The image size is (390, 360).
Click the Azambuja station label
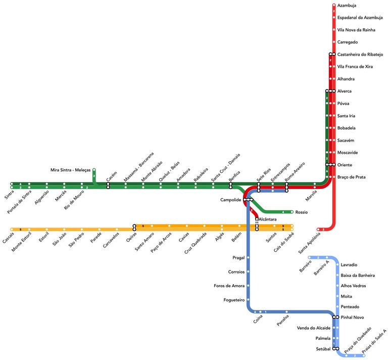(347, 6)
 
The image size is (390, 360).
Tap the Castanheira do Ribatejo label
(360, 54)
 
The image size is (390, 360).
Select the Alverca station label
(344, 91)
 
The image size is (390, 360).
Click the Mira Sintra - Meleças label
(70, 170)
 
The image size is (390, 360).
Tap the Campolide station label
(231, 200)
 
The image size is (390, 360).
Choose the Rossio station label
(301, 212)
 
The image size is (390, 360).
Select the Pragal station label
(238, 257)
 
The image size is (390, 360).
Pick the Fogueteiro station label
(234, 300)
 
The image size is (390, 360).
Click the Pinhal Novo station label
(353, 317)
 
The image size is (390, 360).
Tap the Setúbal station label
(323, 349)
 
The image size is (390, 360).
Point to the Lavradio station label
(350, 264)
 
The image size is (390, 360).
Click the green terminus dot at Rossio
(292, 212)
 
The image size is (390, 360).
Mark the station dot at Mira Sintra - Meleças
(94, 170)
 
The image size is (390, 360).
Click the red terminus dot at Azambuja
(333, 6)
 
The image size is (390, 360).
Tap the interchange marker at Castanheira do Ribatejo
(332, 54)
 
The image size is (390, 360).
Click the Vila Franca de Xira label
(355, 66)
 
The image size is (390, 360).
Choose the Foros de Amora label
(230, 286)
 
